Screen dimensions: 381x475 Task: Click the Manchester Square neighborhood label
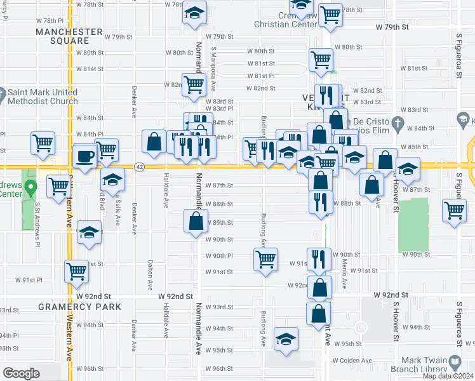(x=69, y=36)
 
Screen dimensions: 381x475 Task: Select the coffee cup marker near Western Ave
(x=84, y=156)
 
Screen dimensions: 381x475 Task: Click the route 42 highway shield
(x=139, y=166)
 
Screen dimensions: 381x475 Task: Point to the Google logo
(x=21, y=373)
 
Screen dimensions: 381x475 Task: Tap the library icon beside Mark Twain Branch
(x=455, y=362)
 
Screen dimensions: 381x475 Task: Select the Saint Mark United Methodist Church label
(x=43, y=97)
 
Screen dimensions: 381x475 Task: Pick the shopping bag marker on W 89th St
(x=196, y=222)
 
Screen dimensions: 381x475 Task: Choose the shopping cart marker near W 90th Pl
(x=265, y=259)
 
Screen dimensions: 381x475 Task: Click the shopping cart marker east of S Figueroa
(x=454, y=210)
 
